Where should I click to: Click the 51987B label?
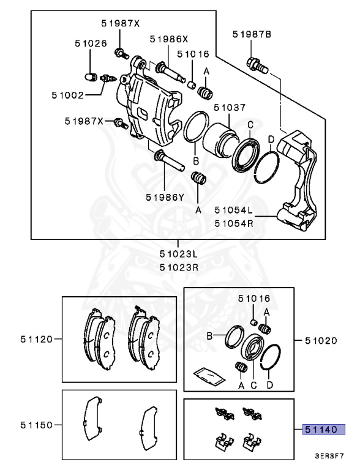[251, 35]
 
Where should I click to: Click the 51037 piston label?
[230, 108]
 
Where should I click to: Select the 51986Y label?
[165, 197]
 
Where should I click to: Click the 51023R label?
[179, 267]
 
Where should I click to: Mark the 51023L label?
[179, 253]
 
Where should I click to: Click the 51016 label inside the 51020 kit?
[253, 299]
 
